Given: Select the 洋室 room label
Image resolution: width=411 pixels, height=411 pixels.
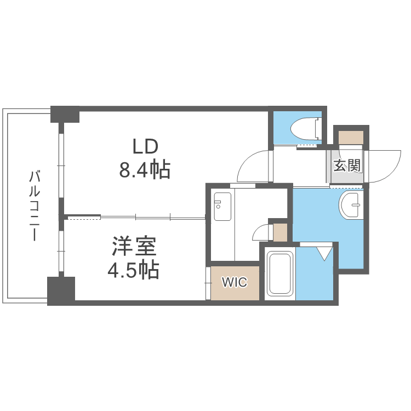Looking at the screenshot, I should coord(135,247).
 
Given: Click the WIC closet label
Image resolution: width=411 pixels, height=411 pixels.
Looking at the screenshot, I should coord(235,283).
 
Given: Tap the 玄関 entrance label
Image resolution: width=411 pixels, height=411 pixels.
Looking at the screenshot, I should coord(348,165).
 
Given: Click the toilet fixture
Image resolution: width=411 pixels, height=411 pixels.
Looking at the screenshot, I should coord(304,129).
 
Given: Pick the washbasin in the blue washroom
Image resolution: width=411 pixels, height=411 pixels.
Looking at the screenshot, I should coord(351,205).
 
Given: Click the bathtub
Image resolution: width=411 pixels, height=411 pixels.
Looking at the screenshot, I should coord(280,274).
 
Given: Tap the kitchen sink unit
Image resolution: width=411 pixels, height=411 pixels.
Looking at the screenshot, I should coord(222,207).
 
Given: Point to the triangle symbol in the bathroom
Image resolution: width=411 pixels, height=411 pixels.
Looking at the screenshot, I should coord(324,253).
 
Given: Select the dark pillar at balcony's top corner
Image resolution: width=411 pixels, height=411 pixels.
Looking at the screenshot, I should coord(65,113).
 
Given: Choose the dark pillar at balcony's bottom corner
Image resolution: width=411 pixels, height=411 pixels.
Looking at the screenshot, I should coord(61,290).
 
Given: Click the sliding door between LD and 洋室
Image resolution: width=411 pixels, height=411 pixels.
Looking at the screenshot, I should coord(137,218).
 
